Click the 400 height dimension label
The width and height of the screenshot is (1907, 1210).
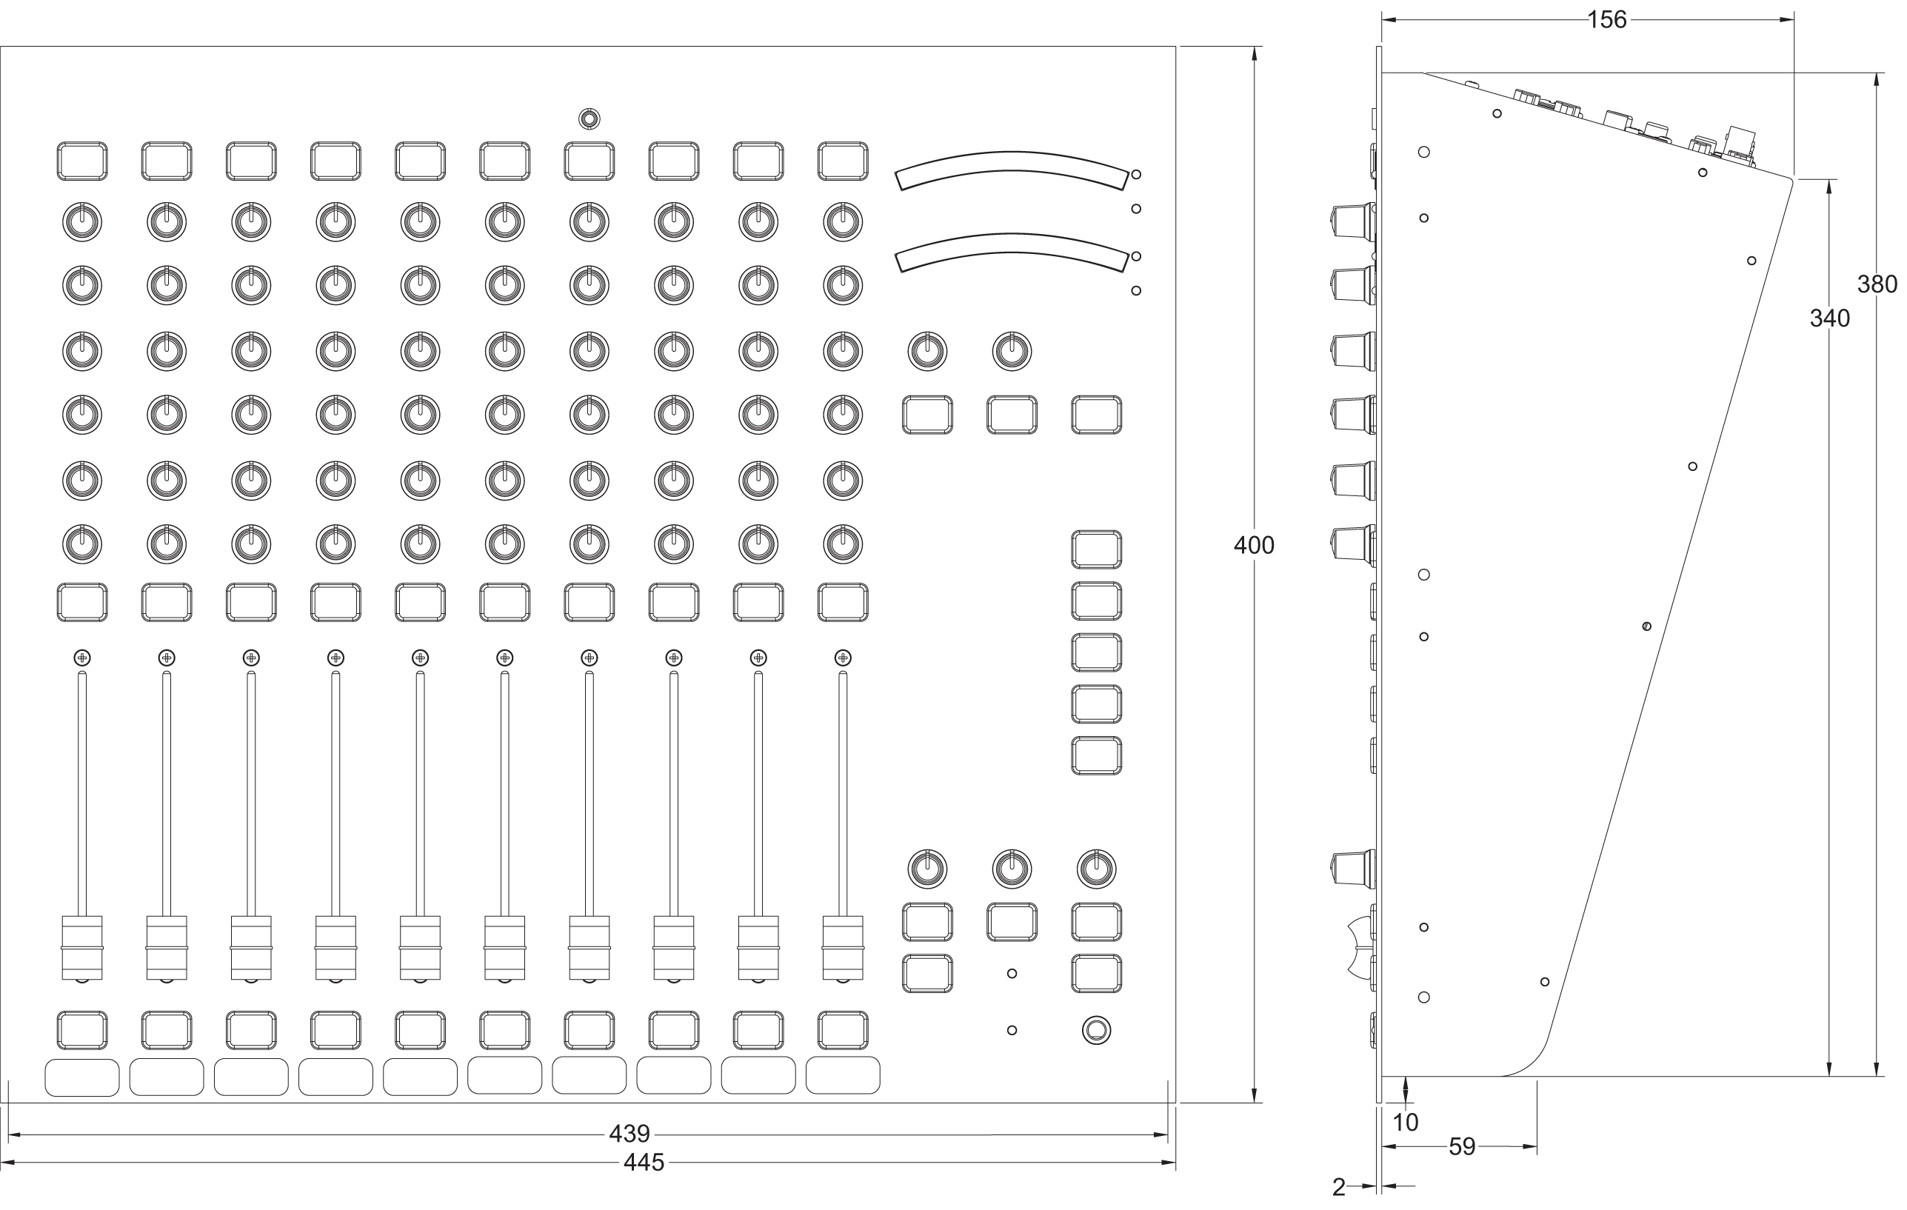click(x=1254, y=545)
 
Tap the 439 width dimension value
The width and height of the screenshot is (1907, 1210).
click(x=629, y=1134)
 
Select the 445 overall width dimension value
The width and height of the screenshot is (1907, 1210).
click(x=643, y=1162)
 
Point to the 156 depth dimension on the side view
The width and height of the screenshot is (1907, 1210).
click(x=1607, y=20)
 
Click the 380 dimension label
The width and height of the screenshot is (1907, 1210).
click(x=1877, y=284)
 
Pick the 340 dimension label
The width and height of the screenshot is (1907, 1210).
click(x=1829, y=318)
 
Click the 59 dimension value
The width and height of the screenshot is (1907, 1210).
click(x=1462, y=1146)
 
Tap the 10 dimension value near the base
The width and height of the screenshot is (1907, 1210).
click(x=1405, y=1122)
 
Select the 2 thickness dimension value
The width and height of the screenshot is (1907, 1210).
click(x=1338, y=1187)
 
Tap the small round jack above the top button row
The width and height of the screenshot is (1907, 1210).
click(x=589, y=118)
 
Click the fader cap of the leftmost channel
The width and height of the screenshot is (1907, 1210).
click(x=81, y=948)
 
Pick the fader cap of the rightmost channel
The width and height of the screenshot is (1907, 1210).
click(x=843, y=948)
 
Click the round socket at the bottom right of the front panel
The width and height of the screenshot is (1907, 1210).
click(x=1096, y=1030)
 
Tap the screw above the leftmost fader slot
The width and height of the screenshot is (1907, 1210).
click(x=81, y=658)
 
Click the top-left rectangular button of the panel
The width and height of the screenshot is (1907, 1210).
click(x=81, y=161)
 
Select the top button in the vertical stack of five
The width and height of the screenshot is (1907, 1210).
click(x=1096, y=549)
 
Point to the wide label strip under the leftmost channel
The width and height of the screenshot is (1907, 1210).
click(x=81, y=1077)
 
